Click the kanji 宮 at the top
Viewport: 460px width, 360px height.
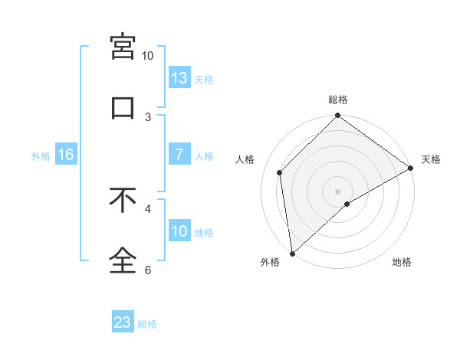tap(123, 47)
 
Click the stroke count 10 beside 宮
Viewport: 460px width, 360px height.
tap(147, 56)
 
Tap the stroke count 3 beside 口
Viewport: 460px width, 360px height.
tap(148, 116)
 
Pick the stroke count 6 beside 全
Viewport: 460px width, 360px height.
tap(148, 270)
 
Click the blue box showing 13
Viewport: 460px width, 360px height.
tap(179, 78)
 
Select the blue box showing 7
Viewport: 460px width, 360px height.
tap(179, 155)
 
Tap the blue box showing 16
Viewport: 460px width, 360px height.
tap(66, 155)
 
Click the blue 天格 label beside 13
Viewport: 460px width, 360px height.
tap(204, 79)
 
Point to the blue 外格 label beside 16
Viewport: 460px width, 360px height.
tap(41, 155)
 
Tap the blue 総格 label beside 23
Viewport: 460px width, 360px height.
tap(147, 323)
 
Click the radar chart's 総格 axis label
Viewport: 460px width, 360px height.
tap(338, 100)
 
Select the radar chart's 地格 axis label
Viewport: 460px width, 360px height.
tap(402, 263)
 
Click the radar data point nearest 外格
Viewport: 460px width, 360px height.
tap(292, 253)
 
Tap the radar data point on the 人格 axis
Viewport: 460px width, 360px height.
tap(280, 172)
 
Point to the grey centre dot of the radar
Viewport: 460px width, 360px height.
tap(337, 191)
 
